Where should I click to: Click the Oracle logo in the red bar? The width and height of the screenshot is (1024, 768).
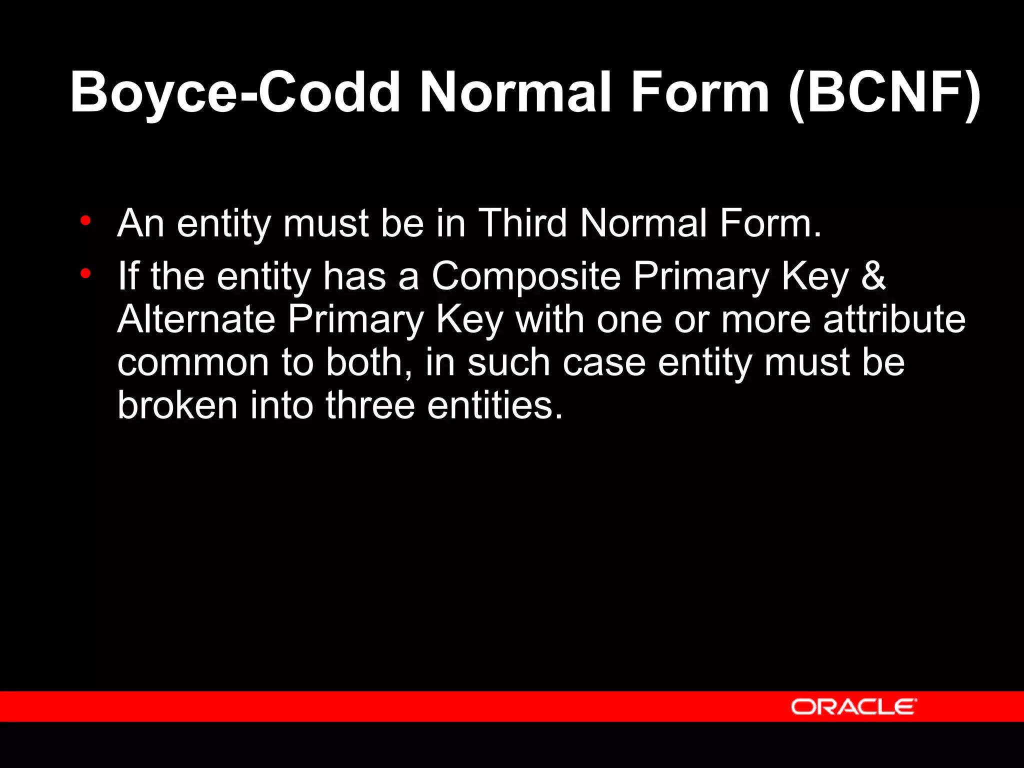(854, 707)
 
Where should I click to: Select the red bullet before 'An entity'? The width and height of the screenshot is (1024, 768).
(85, 220)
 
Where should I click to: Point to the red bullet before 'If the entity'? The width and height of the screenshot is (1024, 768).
(85, 273)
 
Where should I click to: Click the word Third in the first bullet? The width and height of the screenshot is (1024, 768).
(522, 223)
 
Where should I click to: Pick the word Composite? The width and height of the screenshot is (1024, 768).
(526, 276)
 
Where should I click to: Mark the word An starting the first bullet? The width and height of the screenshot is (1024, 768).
(140, 223)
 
